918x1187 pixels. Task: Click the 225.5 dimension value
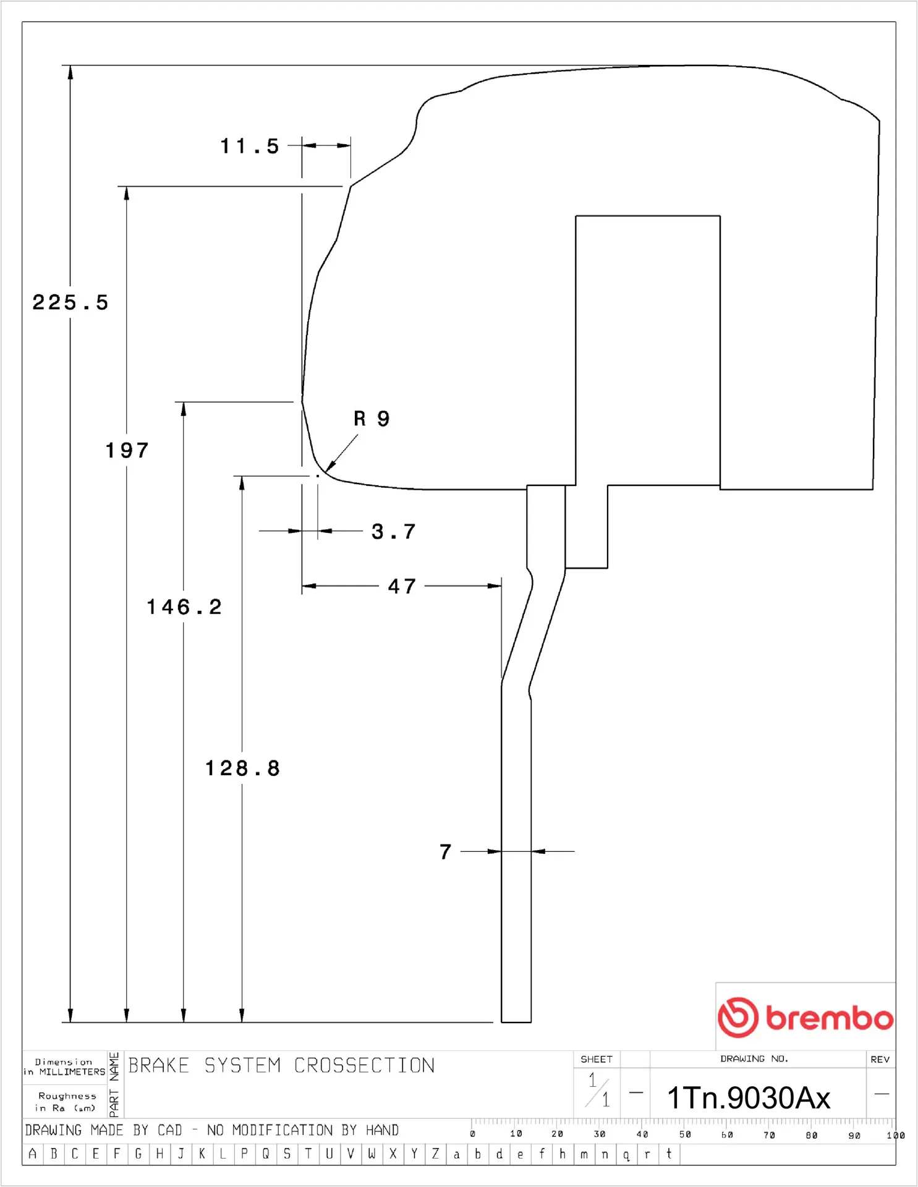coord(70,303)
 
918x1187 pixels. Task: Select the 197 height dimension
coord(127,450)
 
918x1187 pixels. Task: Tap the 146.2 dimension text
coord(184,607)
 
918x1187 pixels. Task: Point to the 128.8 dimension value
coord(242,768)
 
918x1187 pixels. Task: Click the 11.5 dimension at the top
coord(250,147)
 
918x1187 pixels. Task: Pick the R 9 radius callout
coord(372,419)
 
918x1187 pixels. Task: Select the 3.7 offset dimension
coord(393,532)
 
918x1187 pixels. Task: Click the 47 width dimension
coord(402,586)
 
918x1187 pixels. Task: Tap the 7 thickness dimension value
coord(446,852)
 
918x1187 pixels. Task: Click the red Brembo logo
coord(805,1017)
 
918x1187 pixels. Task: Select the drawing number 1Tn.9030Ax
coord(748,1098)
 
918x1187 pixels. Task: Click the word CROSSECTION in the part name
coord(364,1065)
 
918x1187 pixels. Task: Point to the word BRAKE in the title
coord(158,1065)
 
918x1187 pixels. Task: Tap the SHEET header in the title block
coord(597,1059)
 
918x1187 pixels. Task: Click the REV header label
coord(880,1059)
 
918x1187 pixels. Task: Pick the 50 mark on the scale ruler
coord(685,1134)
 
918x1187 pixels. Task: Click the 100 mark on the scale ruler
coord(895,1135)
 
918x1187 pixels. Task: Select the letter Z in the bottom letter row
coord(435,1154)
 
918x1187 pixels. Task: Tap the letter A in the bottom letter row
coord(33,1154)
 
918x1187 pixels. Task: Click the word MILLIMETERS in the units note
coord(72,1072)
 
